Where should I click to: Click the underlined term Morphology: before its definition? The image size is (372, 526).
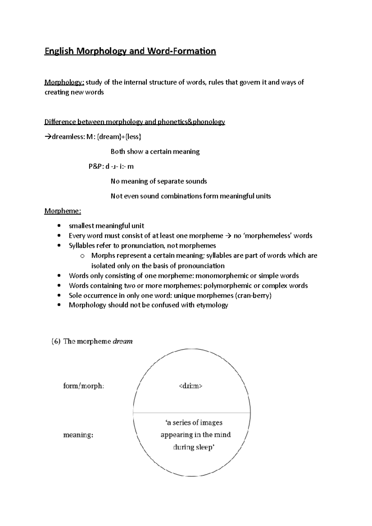click(64, 82)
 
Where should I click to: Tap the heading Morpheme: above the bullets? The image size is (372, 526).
click(63, 211)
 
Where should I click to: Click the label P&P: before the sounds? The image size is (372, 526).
click(96, 167)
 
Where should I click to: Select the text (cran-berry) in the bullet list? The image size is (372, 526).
click(254, 296)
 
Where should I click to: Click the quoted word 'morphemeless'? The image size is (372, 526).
click(268, 236)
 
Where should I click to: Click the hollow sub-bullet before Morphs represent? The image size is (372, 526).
click(82, 256)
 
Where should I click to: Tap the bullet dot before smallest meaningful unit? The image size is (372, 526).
click(59, 226)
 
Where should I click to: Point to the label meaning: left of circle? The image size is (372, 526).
click(78, 435)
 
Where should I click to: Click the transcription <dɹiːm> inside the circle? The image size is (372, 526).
click(191, 386)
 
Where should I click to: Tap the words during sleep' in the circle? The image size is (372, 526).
click(194, 447)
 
